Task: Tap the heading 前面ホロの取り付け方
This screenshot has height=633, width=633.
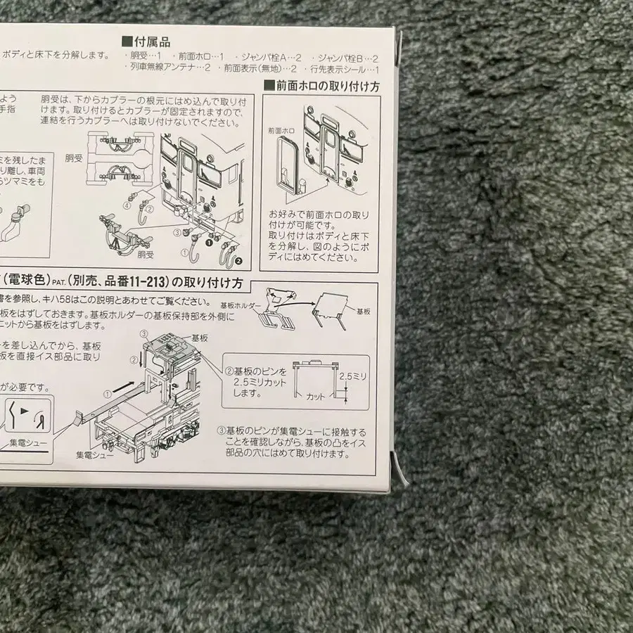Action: (321, 86)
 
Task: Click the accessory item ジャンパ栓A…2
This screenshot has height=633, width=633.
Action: (270, 57)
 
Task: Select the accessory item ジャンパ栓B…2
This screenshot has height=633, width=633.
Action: (347, 57)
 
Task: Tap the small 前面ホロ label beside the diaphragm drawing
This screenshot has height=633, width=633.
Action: (281, 130)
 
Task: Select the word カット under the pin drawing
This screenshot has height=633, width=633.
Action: (315, 397)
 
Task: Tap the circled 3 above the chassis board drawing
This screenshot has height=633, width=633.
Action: (144, 332)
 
